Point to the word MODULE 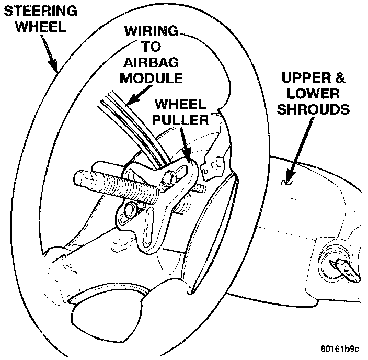(x=152, y=78)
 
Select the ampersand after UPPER (x=340, y=78)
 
